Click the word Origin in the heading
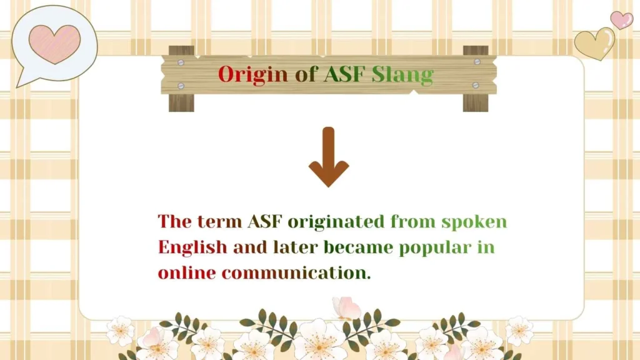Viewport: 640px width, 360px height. coord(252,74)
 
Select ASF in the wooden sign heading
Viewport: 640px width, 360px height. coord(346,74)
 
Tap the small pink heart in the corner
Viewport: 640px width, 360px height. coord(621,19)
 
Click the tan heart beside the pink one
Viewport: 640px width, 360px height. coord(594,43)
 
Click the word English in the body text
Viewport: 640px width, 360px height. coord(192,247)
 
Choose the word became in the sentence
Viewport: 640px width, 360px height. coord(359,247)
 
